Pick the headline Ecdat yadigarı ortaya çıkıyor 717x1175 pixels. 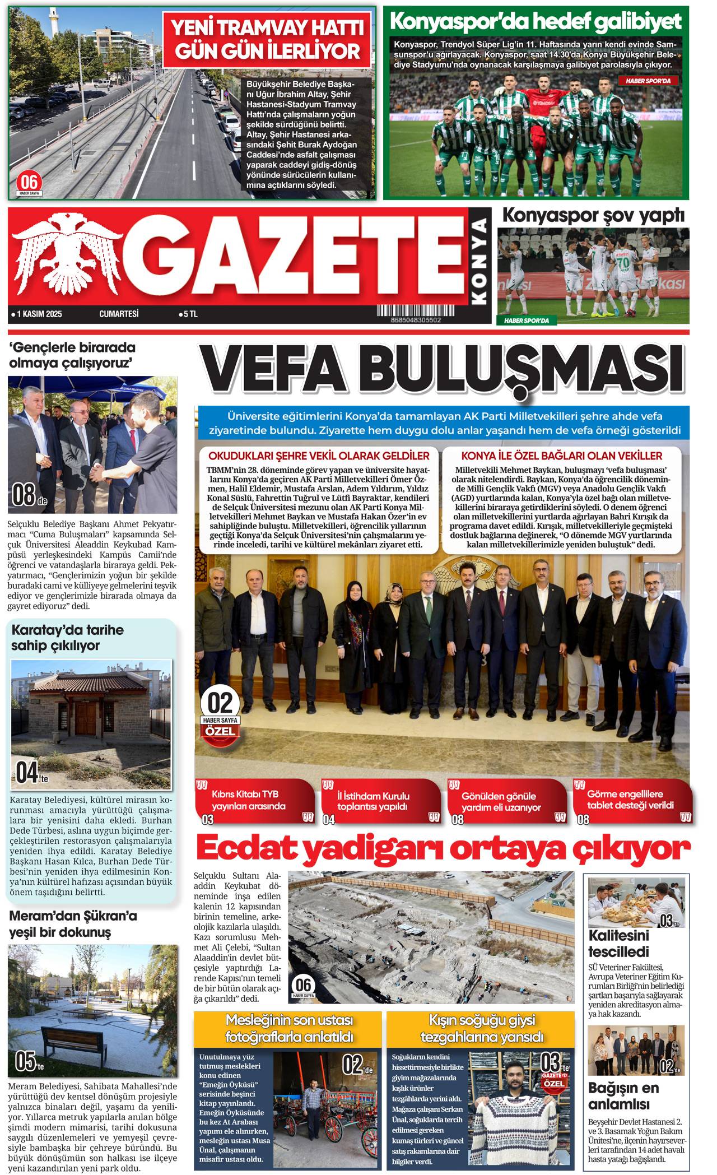pos(443,849)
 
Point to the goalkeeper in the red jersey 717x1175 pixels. pos(543,106)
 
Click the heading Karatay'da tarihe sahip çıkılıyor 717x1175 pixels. pos(67,638)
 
